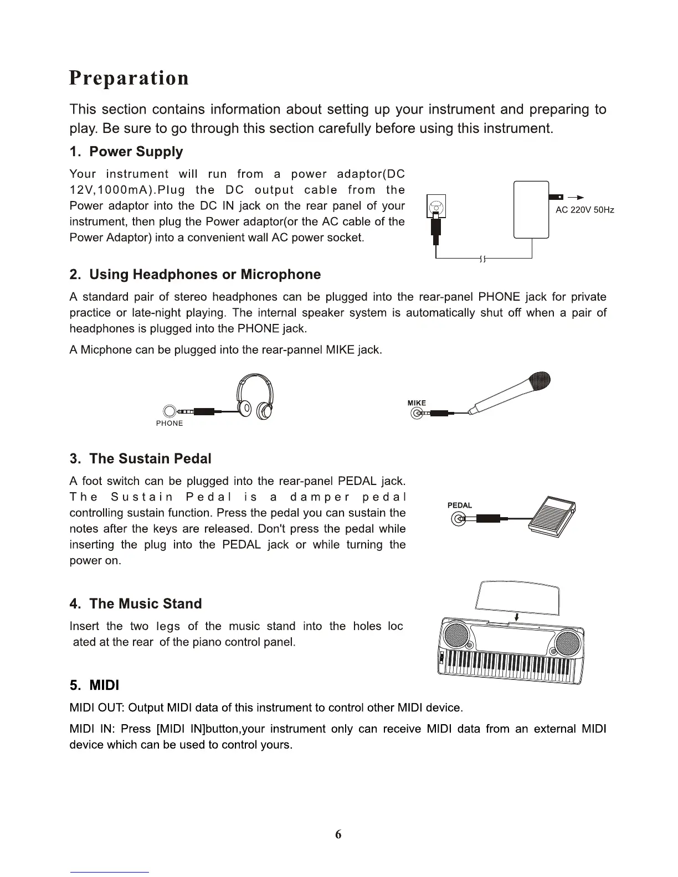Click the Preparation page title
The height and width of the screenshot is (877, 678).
pos(129,78)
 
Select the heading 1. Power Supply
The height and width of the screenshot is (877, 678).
pos(126,152)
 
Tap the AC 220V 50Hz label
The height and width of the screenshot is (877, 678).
pos(584,210)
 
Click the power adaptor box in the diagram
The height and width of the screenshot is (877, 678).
pos(531,210)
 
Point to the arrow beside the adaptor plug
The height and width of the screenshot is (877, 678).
pos(576,197)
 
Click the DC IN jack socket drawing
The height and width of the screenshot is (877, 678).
pos(437,209)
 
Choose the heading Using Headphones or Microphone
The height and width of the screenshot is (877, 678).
pos(195,275)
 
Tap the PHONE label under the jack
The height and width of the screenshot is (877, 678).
pos(169,424)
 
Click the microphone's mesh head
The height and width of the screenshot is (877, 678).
pos(540,381)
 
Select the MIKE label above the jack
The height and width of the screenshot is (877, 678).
pos(417,403)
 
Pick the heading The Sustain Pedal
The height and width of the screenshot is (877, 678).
pos(141,458)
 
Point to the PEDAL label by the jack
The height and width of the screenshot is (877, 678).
pos(460,505)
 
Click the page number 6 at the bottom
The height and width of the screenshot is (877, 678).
pos(338,835)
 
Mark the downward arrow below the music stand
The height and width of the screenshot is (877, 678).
pos(516,617)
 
